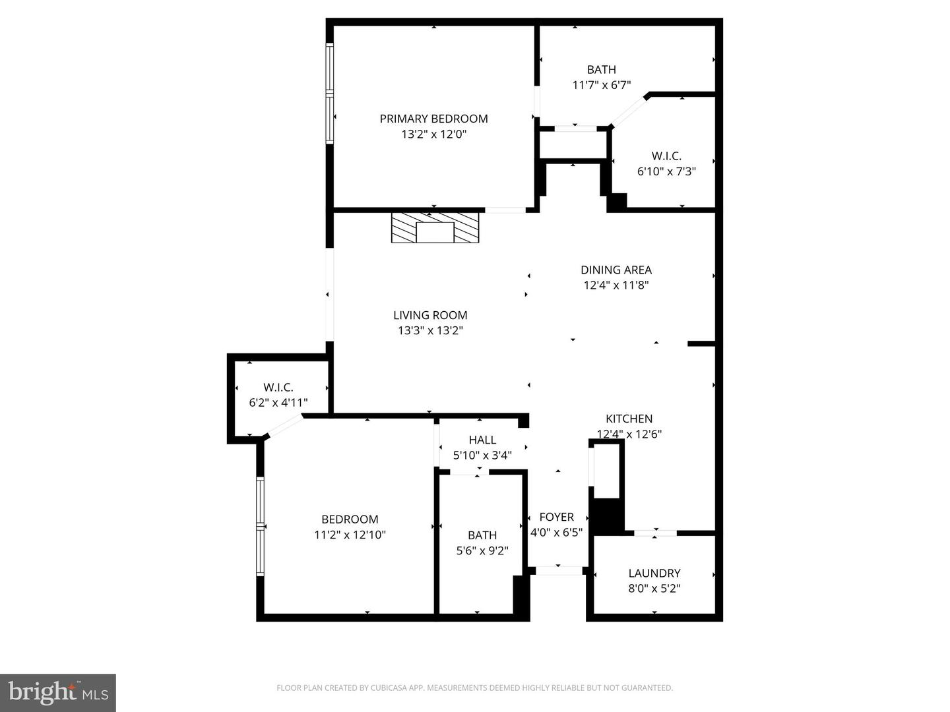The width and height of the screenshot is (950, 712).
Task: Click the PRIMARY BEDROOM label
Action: click(433, 119)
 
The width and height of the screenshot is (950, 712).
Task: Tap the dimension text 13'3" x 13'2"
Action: click(430, 331)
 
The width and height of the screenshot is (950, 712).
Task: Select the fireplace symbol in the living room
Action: click(435, 228)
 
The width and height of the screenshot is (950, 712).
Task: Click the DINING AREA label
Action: click(616, 270)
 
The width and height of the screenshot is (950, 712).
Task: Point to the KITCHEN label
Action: click(629, 419)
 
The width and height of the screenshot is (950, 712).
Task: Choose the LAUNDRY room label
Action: click(654, 574)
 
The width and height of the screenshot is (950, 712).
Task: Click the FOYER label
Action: click(556, 518)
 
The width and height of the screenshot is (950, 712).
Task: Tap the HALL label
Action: click(482, 440)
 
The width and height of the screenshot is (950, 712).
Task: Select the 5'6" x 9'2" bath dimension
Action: click(482, 550)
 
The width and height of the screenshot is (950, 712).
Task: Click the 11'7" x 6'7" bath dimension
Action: click(601, 85)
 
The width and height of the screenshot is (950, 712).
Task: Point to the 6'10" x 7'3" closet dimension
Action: click(666, 171)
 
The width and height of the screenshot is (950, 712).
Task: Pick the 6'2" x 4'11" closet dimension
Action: click(278, 402)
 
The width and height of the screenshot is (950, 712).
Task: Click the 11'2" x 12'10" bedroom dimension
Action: click(350, 535)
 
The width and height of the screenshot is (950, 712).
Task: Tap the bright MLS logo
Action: click(58, 692)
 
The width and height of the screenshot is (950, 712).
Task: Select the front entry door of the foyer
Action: click(558, 570)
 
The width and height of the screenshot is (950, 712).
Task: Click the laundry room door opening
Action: click(655, 533)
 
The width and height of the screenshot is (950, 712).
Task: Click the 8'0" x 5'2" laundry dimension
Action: click(654, 588)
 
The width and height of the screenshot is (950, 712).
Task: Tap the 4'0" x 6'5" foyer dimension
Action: click(556, 533)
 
